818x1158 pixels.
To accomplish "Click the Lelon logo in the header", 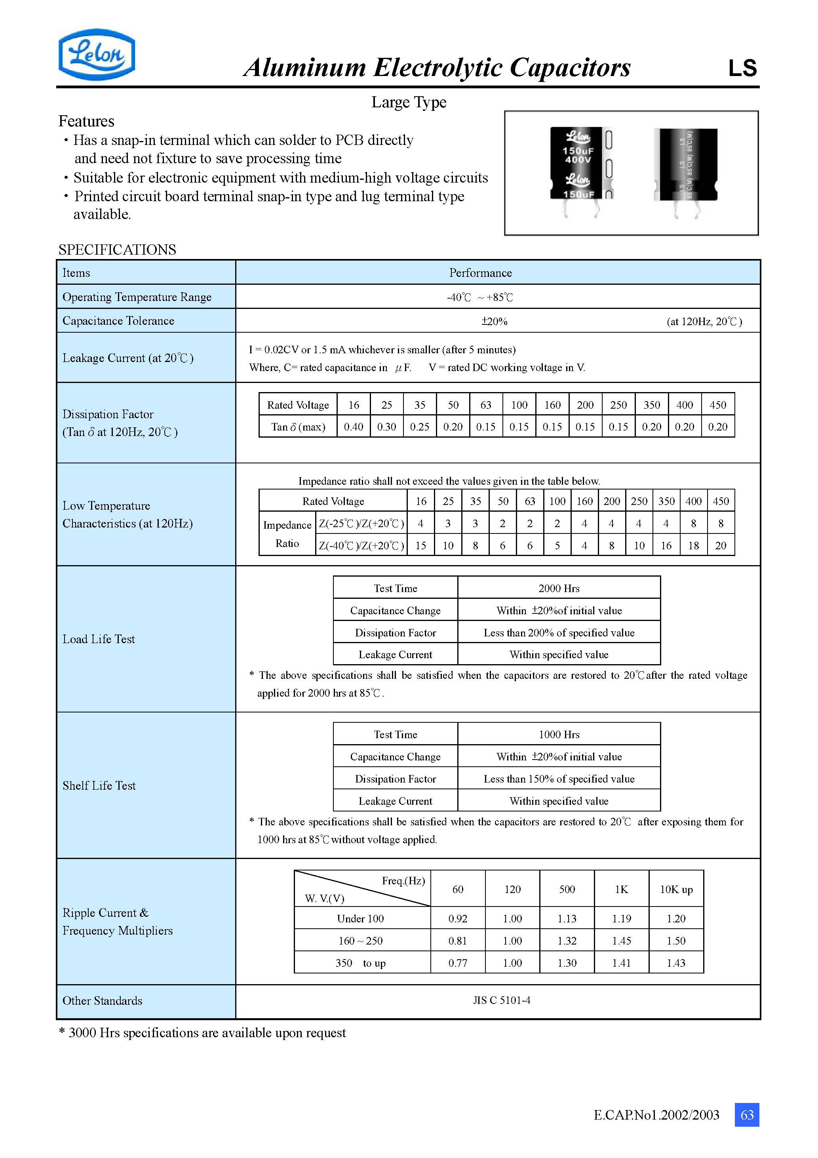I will click(x=97, y=55).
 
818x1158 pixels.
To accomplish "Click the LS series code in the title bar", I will click(x=742, y=68).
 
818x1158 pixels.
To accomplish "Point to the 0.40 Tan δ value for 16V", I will click(x=354, y=427).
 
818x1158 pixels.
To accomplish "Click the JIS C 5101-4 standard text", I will click(x=502, y=1000).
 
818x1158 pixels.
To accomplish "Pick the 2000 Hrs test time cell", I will click(x=559, y=588).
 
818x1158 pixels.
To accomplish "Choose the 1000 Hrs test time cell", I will click(x=559, y=734).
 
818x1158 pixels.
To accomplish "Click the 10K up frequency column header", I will click(x=676, y=889).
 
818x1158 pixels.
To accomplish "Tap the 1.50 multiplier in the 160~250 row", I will click(x=676, y=941).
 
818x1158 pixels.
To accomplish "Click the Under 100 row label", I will click(x=361, y=918).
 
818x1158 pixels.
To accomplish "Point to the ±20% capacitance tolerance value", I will click(x=494, y=321).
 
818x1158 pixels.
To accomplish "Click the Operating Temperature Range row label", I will click(x=137, y=297).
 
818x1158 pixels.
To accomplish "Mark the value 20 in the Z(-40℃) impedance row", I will click(x=721, y=545).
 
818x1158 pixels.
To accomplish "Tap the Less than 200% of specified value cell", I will click(x=559, y=632).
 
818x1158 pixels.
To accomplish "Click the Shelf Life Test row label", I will click(x=99, y=785).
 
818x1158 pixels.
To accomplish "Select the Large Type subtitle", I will click(x=409, y=103).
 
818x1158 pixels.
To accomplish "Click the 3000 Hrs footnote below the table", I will click(x=203, y=1032).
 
